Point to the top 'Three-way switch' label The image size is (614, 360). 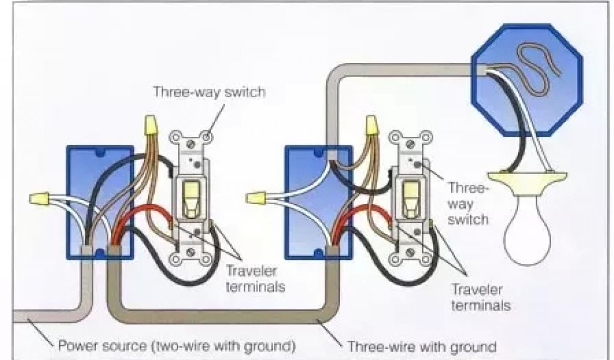click(209, 92)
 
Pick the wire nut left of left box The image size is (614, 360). click(40, 197)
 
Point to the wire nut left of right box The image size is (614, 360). click(257, 196)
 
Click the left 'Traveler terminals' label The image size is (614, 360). click(255, 279)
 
